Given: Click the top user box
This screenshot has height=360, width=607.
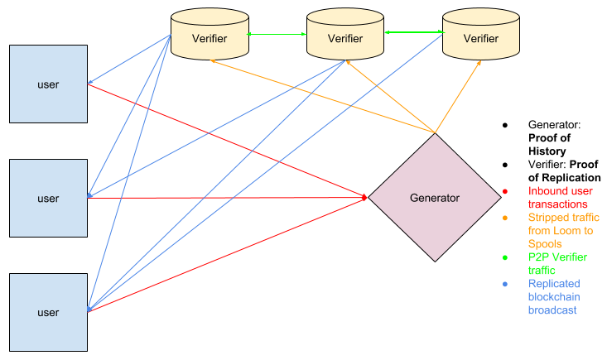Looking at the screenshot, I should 48,84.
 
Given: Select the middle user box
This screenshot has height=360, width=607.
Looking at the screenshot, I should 48,199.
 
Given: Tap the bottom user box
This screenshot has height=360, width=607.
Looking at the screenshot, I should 48,312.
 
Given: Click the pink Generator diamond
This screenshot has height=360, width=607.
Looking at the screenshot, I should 435,198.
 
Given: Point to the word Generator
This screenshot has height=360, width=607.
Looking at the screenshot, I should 435,198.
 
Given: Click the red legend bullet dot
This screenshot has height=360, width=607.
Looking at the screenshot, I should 505,192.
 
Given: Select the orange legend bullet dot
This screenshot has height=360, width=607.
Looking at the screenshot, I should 505,218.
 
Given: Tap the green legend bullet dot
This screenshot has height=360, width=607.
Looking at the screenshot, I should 505,257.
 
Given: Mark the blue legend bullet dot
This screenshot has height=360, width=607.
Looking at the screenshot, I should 505,283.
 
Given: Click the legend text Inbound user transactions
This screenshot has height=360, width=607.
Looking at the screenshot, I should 558,197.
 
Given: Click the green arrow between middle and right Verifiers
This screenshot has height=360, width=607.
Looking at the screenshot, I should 413,33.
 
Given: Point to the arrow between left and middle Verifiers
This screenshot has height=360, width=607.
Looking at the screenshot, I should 277,34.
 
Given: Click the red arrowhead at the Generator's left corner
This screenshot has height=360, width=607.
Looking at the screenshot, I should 364,197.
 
